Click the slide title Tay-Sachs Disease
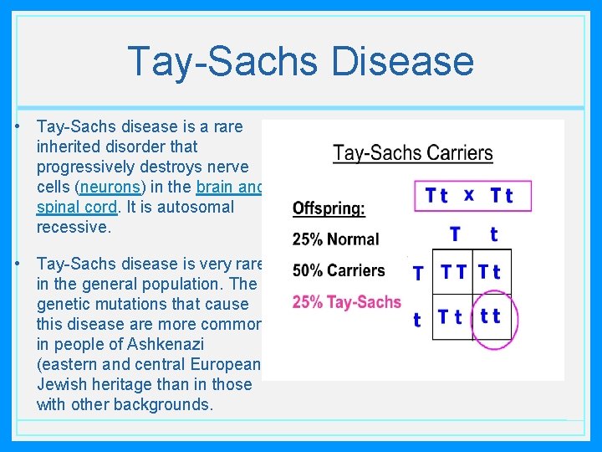click(300, 61)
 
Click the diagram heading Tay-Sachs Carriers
click(412, 153)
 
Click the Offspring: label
click(329, 209)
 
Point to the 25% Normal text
click(335, 239)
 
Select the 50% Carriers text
click(339, 270)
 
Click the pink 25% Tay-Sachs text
click(346, 302)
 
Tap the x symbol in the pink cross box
click(468, 194)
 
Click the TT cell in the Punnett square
click(454, 271)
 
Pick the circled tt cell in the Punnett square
click(491, 316)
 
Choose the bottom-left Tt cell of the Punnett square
click(451, 316)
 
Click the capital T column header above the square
click(455, 234)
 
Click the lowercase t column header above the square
click(493, 234)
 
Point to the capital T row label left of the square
click(418, 272)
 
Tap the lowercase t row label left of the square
click(417, 319)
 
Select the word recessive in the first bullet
click(74, 227)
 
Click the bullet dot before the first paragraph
click(18, 127)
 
